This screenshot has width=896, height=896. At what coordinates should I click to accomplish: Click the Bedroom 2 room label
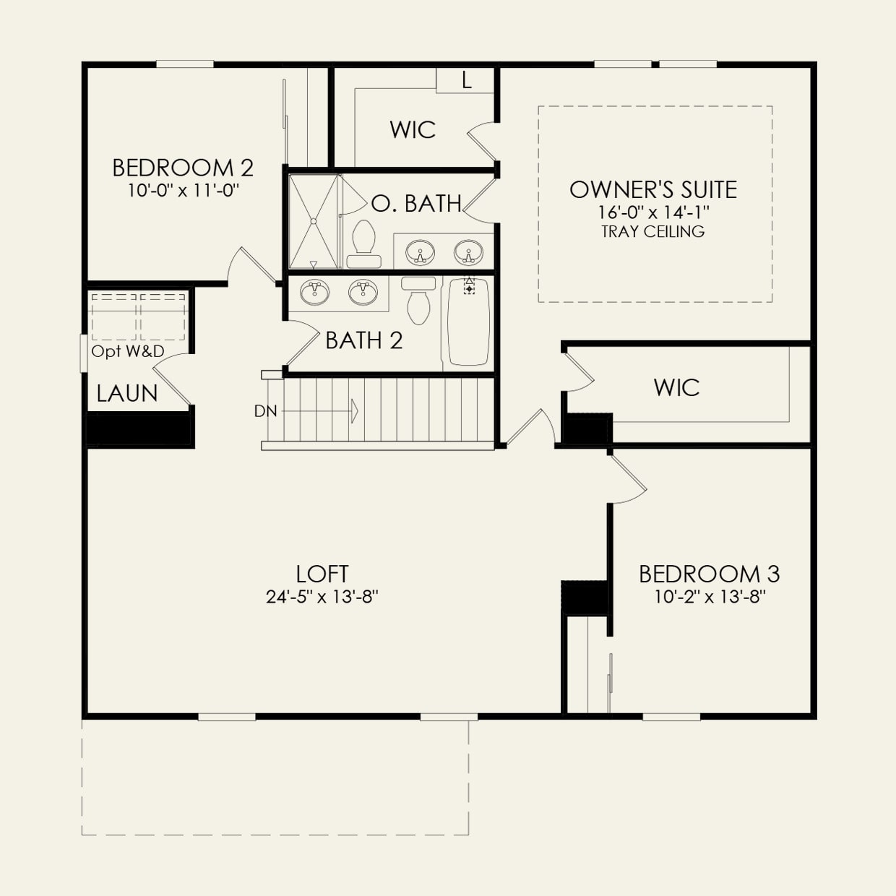183,168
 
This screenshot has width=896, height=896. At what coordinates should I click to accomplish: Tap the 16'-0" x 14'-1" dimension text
653,212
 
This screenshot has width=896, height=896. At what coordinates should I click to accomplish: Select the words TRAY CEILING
653,232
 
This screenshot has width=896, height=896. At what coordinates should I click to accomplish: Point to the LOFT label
322,574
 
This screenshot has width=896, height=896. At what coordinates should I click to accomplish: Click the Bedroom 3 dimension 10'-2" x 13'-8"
709,597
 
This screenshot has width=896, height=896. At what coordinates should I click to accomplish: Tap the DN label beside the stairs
265,411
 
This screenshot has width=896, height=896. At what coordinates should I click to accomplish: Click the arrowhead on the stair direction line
354,411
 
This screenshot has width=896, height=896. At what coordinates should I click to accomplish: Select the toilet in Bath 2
418,301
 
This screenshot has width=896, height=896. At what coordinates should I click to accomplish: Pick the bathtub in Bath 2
468,322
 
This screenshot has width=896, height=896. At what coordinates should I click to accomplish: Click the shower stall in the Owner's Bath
314,221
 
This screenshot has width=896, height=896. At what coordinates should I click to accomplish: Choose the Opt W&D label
128,352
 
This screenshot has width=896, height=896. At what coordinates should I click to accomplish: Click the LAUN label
127,394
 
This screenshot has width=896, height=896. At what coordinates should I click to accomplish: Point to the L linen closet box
466,81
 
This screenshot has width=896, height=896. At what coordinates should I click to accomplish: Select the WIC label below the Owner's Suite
676,387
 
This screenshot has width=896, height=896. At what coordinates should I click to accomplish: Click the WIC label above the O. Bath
413,130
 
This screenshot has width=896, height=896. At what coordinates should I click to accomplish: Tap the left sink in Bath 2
314,292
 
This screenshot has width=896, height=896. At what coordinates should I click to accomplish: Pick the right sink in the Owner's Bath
468,254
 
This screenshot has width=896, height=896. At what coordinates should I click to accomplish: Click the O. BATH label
416,204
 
